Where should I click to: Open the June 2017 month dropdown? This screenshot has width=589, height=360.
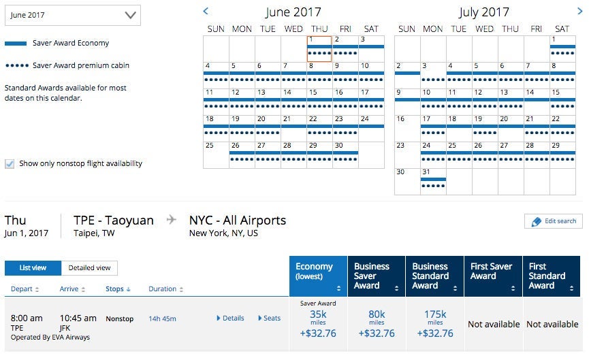tap(72, 15)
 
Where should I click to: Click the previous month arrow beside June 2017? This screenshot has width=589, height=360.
tap(206, 11)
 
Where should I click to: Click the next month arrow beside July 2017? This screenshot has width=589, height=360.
tap(571, 11)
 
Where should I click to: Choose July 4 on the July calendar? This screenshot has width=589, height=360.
tap(458, 71)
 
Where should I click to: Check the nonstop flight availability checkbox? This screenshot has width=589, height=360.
tap(10, 163)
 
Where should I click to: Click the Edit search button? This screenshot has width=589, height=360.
tap(553, 221)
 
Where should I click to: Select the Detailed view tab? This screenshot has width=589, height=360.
tap(89, 268)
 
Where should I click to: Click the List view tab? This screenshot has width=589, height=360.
tap(33, 268)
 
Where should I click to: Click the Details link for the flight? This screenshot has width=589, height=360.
tap(230, 318)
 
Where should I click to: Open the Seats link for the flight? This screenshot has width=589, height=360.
tap(269, 318)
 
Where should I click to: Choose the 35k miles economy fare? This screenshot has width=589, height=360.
tap(318, 324)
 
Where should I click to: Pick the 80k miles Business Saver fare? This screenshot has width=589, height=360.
tap(377, 324)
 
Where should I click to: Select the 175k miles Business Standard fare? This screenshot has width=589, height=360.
tap(435, 324)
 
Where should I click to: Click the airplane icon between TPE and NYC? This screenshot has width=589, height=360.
tap(172, 220)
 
